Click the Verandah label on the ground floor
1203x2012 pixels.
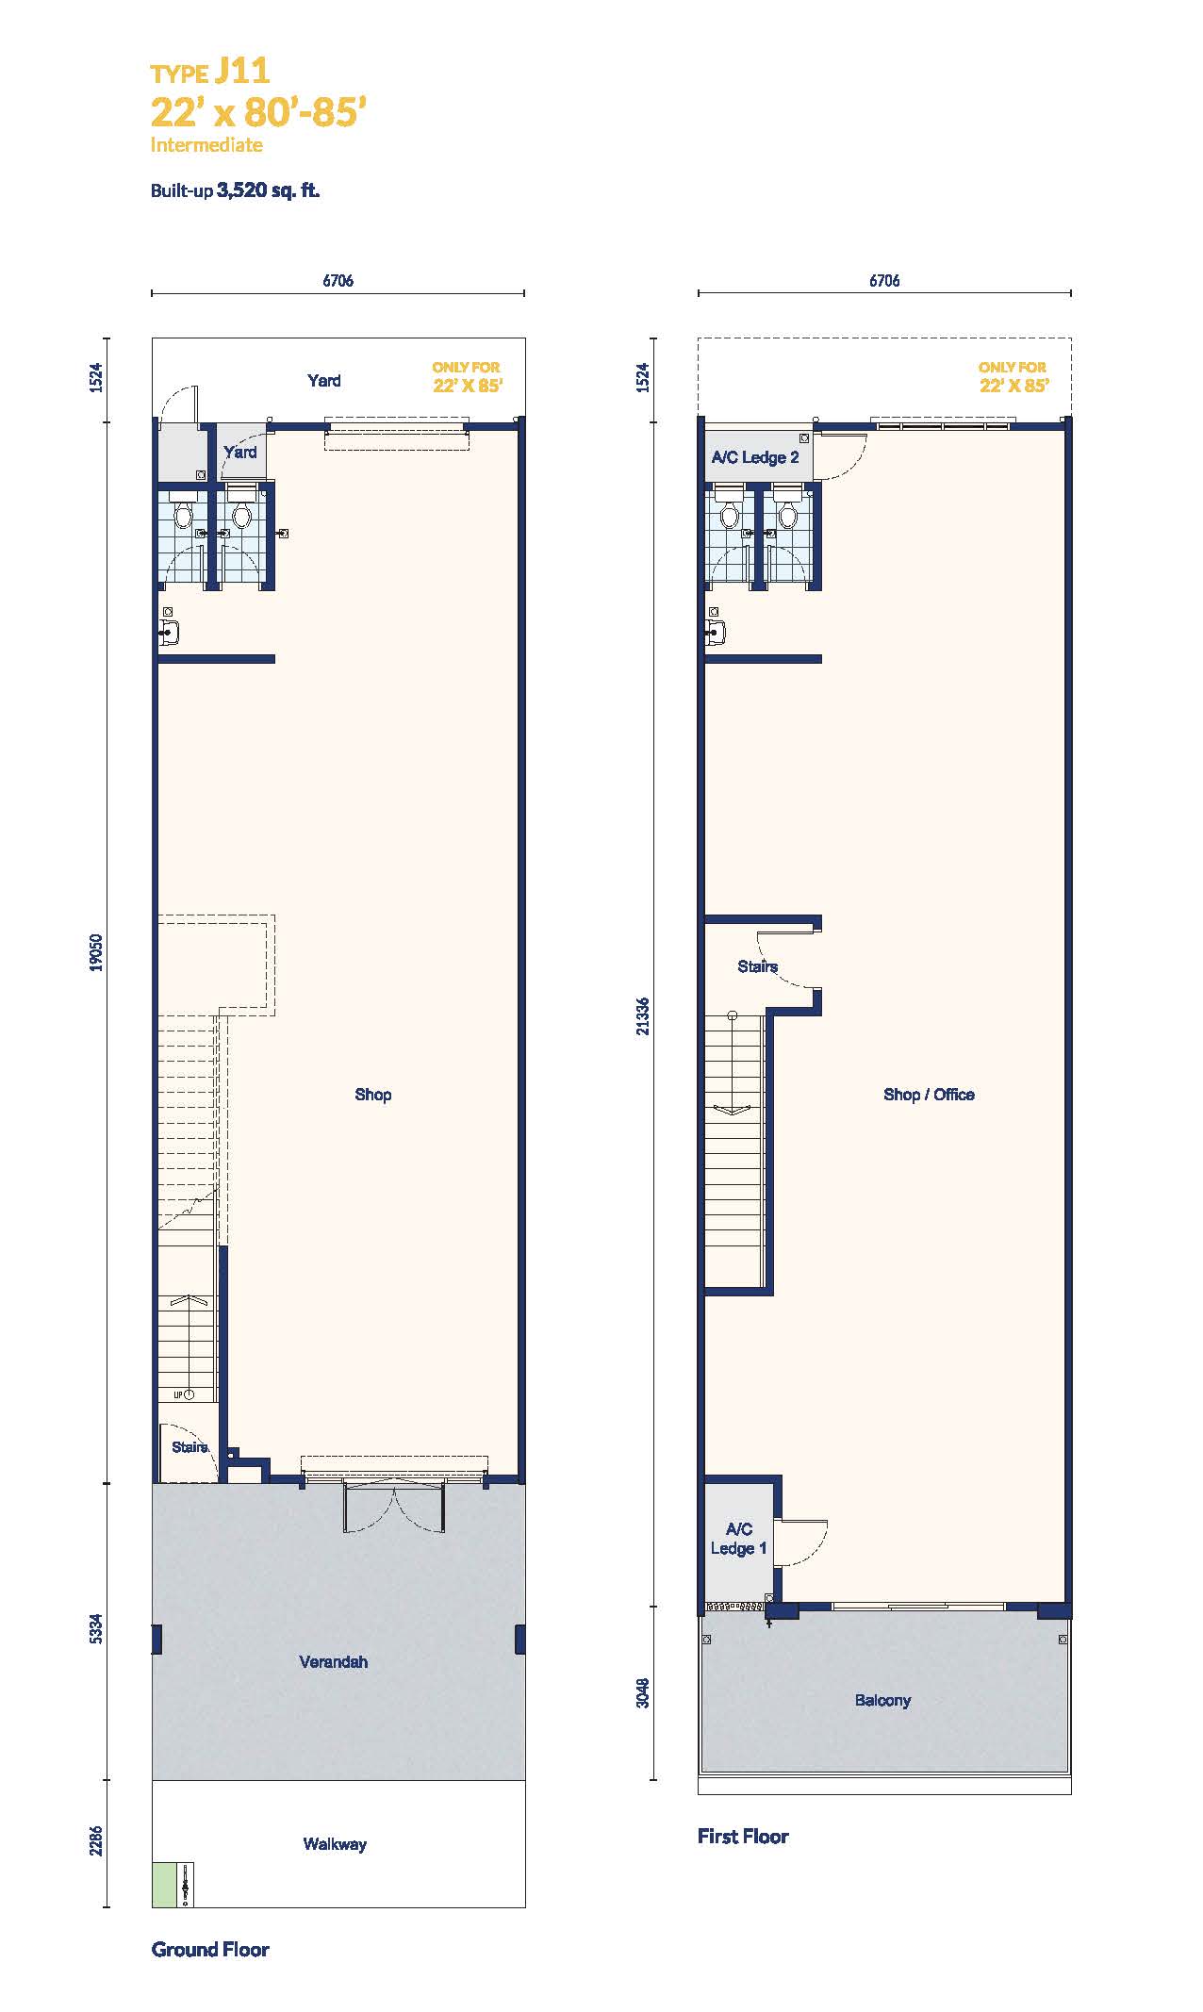pos(334,1661)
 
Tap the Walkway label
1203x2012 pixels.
pos(335,1844)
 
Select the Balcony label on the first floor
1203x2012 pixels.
pos(882,1700)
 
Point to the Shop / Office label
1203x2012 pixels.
pos(929,1095)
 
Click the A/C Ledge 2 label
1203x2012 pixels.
pos(755,457)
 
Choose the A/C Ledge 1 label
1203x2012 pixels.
pos(739,1539)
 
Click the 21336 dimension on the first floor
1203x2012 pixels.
pos(642,1015)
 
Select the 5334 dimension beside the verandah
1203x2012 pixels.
pos(95,1631)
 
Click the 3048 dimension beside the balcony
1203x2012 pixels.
pos(642,1692)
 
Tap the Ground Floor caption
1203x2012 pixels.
pos(210,1950)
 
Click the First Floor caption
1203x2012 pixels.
pos(743,1836)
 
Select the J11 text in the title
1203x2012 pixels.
pos(242,71)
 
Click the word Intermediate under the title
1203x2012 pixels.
pos(206,145)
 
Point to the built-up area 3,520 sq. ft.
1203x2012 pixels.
pos(268,190)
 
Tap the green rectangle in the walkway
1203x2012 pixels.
pos(164,1885)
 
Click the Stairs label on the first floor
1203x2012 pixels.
pos(758,966)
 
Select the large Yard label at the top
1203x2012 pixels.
pos(324,381)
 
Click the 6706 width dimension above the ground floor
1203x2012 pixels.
pos(338,280)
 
